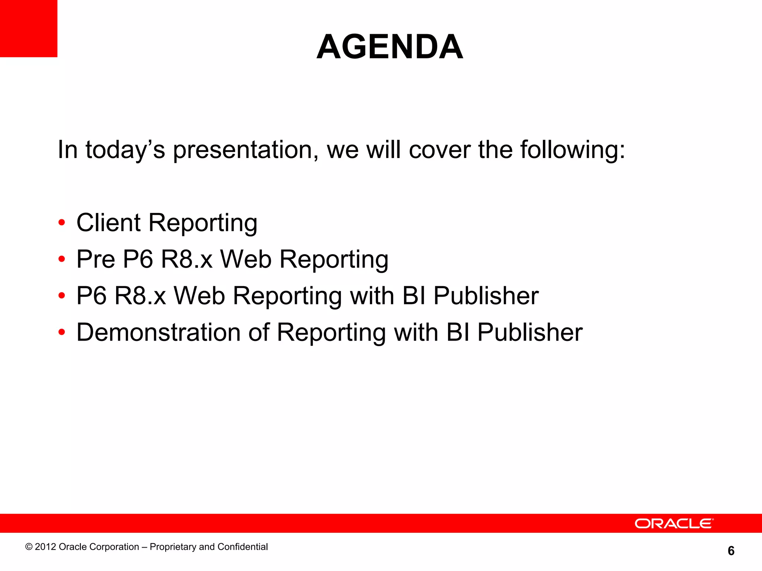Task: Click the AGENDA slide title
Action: click(390, 47)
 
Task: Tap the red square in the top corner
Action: click(28, 28)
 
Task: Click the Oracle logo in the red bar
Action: click(674, 523)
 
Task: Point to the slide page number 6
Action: click(731, 551)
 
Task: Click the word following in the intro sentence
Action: click(572, 150)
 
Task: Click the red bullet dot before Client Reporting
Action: click(62, 223)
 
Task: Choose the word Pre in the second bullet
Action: click(96, 259)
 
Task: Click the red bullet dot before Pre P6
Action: click(62, 259)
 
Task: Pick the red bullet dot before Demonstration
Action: click(62, 332)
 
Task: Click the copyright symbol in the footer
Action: click(29, 547)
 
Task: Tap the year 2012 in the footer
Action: click(45, 547)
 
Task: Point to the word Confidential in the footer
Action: click(243, 547)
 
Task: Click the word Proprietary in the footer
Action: click(173, 547)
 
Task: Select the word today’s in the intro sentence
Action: click(125, 150)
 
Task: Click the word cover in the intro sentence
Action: click(440, 150)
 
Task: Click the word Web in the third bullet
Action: click(199, 296)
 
